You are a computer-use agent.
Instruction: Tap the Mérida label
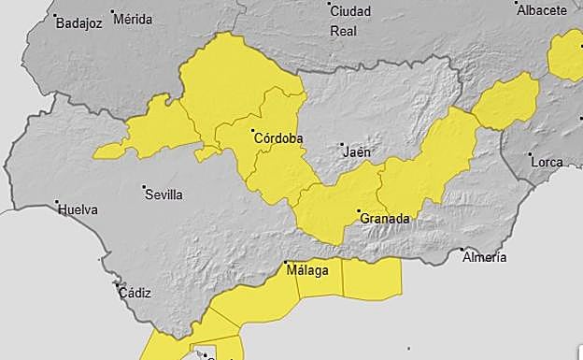tap(132, 18)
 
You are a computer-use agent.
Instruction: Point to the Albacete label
tap(542, 10)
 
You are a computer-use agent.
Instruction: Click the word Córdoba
tap(278, 138)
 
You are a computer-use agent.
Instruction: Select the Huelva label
tap(78, 209)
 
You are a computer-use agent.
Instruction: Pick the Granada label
tap(384, 219)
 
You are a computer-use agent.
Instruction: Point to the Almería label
tap(484, 256)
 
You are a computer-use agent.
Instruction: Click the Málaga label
tap(307, 271)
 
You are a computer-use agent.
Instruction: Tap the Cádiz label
tap(135, 293)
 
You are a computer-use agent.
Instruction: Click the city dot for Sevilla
tap(146, 188)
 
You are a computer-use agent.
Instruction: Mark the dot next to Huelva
tap(58, 202)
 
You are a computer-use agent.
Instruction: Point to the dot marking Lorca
tap(530, 154)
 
